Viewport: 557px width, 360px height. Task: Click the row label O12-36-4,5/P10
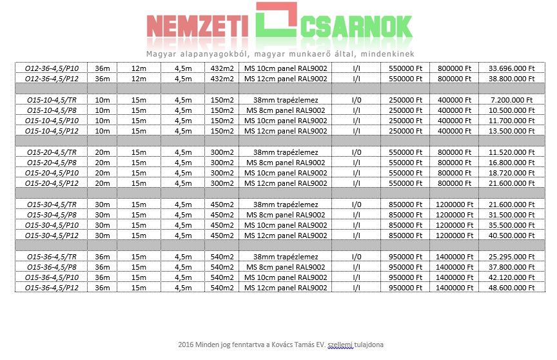pyautogui.click(x=52, y=68)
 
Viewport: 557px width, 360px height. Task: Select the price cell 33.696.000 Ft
pyautogui.click(x=512, y=68)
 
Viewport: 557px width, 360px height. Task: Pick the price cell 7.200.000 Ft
pyautogui.click(x=512, y=100)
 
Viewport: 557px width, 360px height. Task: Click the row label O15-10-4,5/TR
pyautogui.click(x=52, y=100)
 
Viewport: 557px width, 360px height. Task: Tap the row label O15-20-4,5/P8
pyautogui.click(x=52, y=163)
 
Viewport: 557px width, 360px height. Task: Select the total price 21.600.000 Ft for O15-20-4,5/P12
pyautogui.click(x=512, y=183)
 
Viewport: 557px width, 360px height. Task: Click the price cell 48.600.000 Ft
pyautogui.click(x=512, y=287)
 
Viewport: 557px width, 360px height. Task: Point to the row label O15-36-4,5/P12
pyautogui.click(x=52, y=287)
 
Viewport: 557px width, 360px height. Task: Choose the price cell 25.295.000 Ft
pyautogui.click(x=512, y=256)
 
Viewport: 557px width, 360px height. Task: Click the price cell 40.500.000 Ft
pyautogui.click(x=512, y=235)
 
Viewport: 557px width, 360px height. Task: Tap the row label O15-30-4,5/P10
pyautogui.click(x=52, y=225)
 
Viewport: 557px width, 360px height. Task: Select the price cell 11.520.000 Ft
pyautogui.click(x=512, y=152)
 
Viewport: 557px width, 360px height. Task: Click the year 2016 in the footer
pyautogui.click(x=186, y=345)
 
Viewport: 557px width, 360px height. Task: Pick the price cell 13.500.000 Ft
pyautogui.click(x=512, y=131)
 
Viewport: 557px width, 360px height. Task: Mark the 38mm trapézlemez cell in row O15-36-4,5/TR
pyautogui.click(x=286, y=256)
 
